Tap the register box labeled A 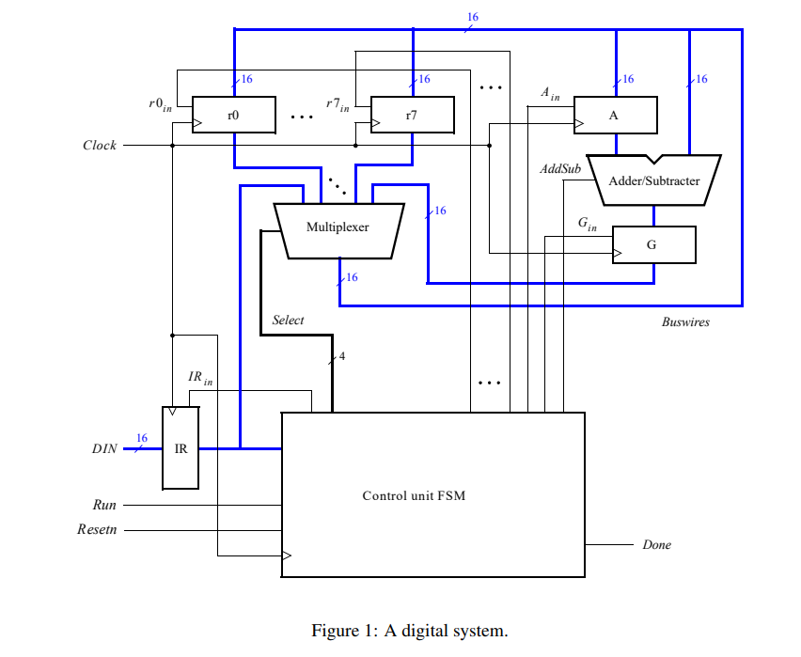tap(615, 115)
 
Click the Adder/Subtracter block tap(653, 179)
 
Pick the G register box tap(653, 244)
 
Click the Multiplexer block tap(338, 228)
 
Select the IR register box tap(181, 448)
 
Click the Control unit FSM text tap(414, 495)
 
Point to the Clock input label tap(100, 146)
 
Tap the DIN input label tap(104, 449)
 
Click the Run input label tap(104, 506)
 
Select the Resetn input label tap(97, 530)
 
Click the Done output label tap(656, 545)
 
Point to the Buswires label tap(685, 322)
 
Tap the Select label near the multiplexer tap(288, 321)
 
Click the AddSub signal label tap(559, 169)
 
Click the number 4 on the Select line tap(342, 356)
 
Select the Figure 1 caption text tap(409, 631)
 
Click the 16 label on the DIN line tap(142, 438)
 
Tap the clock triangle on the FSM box tap(288, 555)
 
